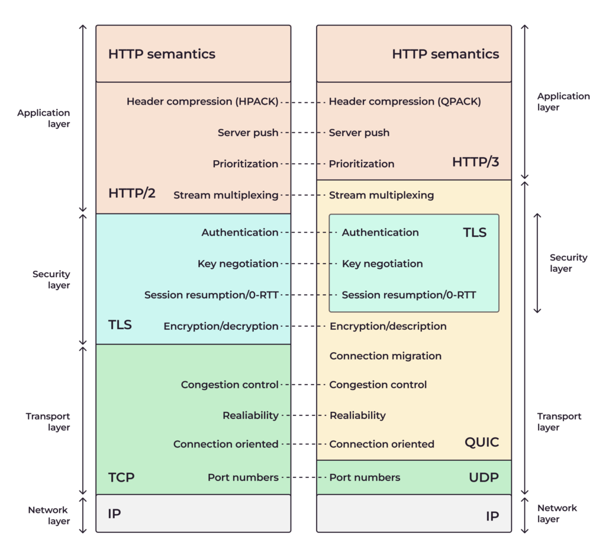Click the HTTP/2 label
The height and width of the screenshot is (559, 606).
[131, 193]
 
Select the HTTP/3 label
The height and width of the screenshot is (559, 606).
[475, 162]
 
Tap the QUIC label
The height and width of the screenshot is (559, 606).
[481, 442]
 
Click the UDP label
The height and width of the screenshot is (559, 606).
[484, 477]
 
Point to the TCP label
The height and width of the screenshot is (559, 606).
[121, 477]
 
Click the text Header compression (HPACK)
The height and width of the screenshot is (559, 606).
[202, 102]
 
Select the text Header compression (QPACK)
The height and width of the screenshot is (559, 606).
[405, 102]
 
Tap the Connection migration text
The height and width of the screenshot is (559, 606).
[385, 356]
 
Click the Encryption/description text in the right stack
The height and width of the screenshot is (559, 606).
[388, 326]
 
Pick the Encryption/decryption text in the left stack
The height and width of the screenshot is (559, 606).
[221, 326]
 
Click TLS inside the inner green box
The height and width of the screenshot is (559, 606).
[475, 232]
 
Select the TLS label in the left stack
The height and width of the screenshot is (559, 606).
[120, 324]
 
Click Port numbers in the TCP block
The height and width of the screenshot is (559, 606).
[243, 477]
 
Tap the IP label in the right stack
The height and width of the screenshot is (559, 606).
[492, 516]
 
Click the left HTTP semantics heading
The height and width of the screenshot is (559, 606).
[162, 54]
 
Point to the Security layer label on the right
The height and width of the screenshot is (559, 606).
[568, 263]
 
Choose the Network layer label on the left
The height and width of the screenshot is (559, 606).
[49, 515]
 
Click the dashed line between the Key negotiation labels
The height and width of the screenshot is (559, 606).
[310, 264]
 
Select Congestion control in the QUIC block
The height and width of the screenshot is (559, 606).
[378, 385]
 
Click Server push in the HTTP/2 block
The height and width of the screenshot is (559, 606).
[248, 132]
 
